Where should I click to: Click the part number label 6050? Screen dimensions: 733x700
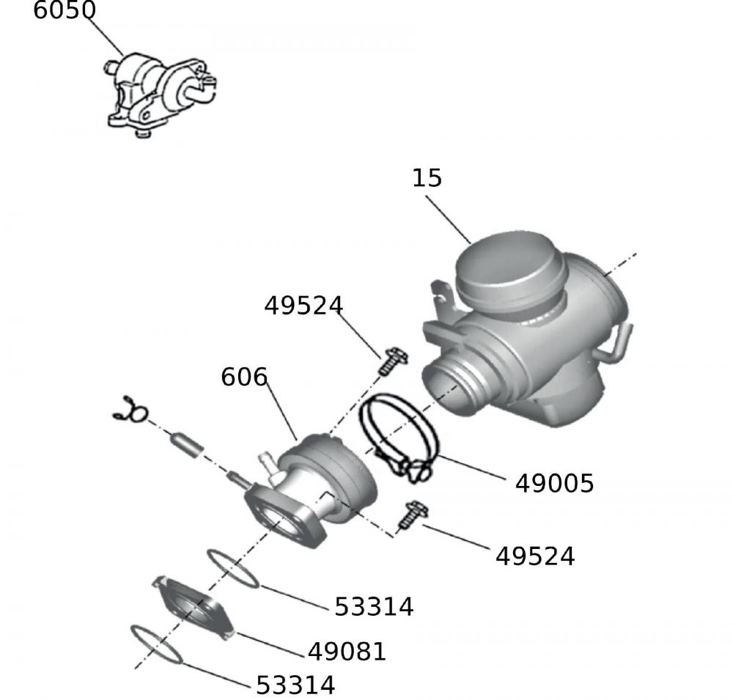(x=65, y=10)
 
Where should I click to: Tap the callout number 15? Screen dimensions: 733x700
(x=427, y=178)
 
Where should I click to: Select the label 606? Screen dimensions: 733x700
(x=244, y=377)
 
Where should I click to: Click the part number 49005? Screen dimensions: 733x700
(x=554, y=484)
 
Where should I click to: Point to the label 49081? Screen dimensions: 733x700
(x=347, y=652)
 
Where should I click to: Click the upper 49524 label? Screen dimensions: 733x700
(x=304, y=306)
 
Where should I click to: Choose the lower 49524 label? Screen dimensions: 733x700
(x=535, y=556)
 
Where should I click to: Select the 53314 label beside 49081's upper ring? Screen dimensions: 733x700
(x=374, y=607)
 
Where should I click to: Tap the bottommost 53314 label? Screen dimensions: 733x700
(x=295, y=685)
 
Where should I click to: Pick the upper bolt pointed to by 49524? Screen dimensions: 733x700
(x=393, y=361)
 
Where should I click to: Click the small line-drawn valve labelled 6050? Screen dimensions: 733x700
(x=159, y=94)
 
